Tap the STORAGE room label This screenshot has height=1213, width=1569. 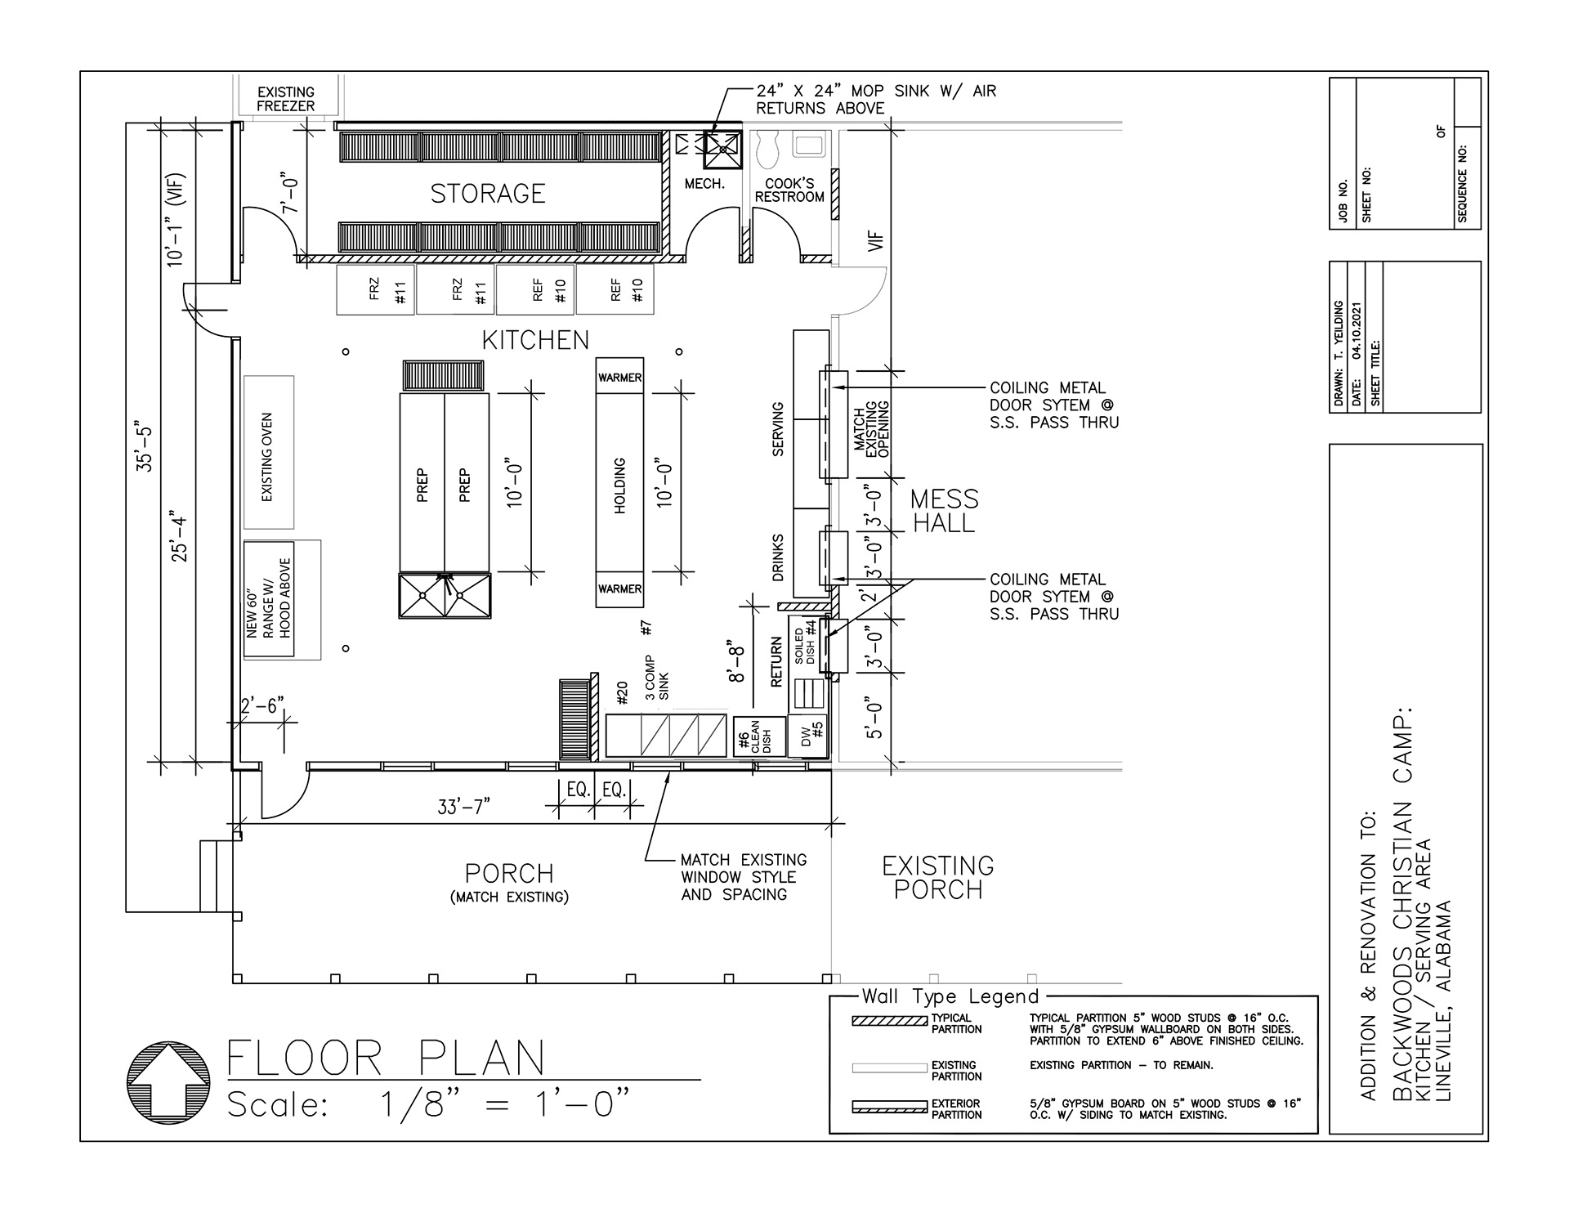click(x=488, y=194)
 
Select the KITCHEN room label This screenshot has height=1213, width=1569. click(x=535, y=340)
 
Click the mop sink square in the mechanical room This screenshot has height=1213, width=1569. click(x=722, y=150)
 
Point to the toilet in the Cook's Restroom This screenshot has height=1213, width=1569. click(x=770, y=150)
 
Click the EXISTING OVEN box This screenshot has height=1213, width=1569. click(x=268, y=453)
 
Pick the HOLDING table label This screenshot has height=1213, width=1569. click(x=619, y=486)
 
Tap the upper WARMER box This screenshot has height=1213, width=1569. click(x=619, y=377)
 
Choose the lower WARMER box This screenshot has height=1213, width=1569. click(x=619, y=589)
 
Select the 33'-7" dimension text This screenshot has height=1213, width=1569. click(x=463, y=808)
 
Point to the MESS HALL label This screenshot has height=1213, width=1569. click(x=944, y=511)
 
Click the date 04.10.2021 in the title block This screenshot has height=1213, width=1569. click(x=1357, y=330)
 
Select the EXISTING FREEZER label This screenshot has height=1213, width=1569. click(x=286, y=99)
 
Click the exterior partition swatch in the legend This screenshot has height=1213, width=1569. click(x=889, y=1108)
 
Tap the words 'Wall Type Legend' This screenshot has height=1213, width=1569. click(x=950, y=996)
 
